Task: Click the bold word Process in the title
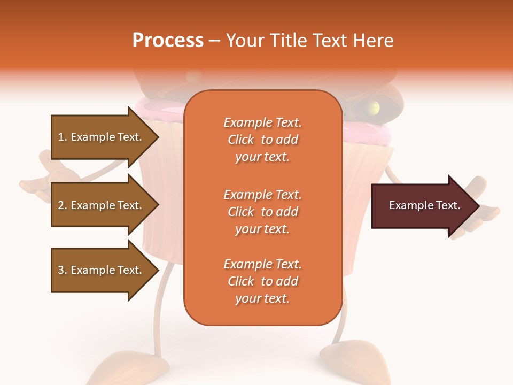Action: coord(168,41)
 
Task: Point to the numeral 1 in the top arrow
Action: coord(60,137)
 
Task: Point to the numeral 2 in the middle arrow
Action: coord(61,205)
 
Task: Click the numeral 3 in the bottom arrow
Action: coord(61,270)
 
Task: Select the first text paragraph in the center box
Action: coord(262,140)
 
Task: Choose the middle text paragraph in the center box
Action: coord(262,212)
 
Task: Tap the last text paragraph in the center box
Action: coord(262,281)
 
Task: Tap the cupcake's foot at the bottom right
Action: coord(355,364)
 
